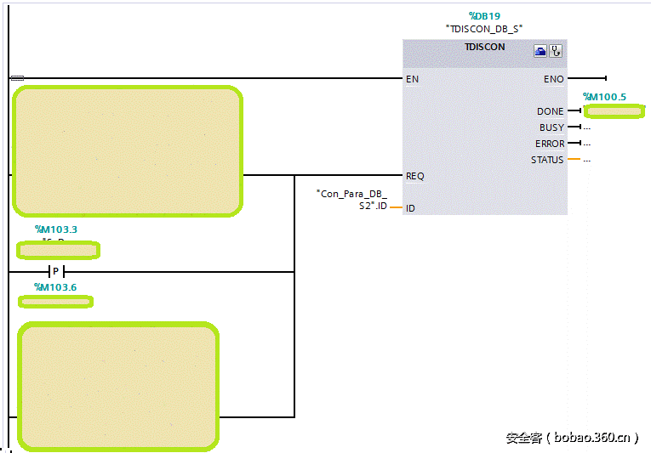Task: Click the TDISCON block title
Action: click(x=484, y=48)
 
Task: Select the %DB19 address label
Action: click(x=484, y=15)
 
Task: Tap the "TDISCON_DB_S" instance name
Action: click(x=484, y=28)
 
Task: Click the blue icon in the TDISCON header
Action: click(x=540, y=51)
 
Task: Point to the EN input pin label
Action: click(x=412, y=79)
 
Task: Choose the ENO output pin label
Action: click(x=553, y=79)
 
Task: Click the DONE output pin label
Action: click(x=550, y=111)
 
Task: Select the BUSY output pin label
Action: click(x=551, y=127)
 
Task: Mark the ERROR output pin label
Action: click(x=550, y=144)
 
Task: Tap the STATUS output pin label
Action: click(x=547, y=160)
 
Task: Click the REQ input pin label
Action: click(x=414, y=176)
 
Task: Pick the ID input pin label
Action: click(x=410, y=208)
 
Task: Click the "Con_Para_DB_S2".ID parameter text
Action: click(x=352, y=200)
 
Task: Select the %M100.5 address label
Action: click(x=604, y=97)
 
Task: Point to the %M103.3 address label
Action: click(x=56, y=229)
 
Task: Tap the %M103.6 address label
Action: click(x=55, y=287)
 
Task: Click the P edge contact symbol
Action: click(x=55, y=272)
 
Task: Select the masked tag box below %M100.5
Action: click(x=614, y=111)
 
